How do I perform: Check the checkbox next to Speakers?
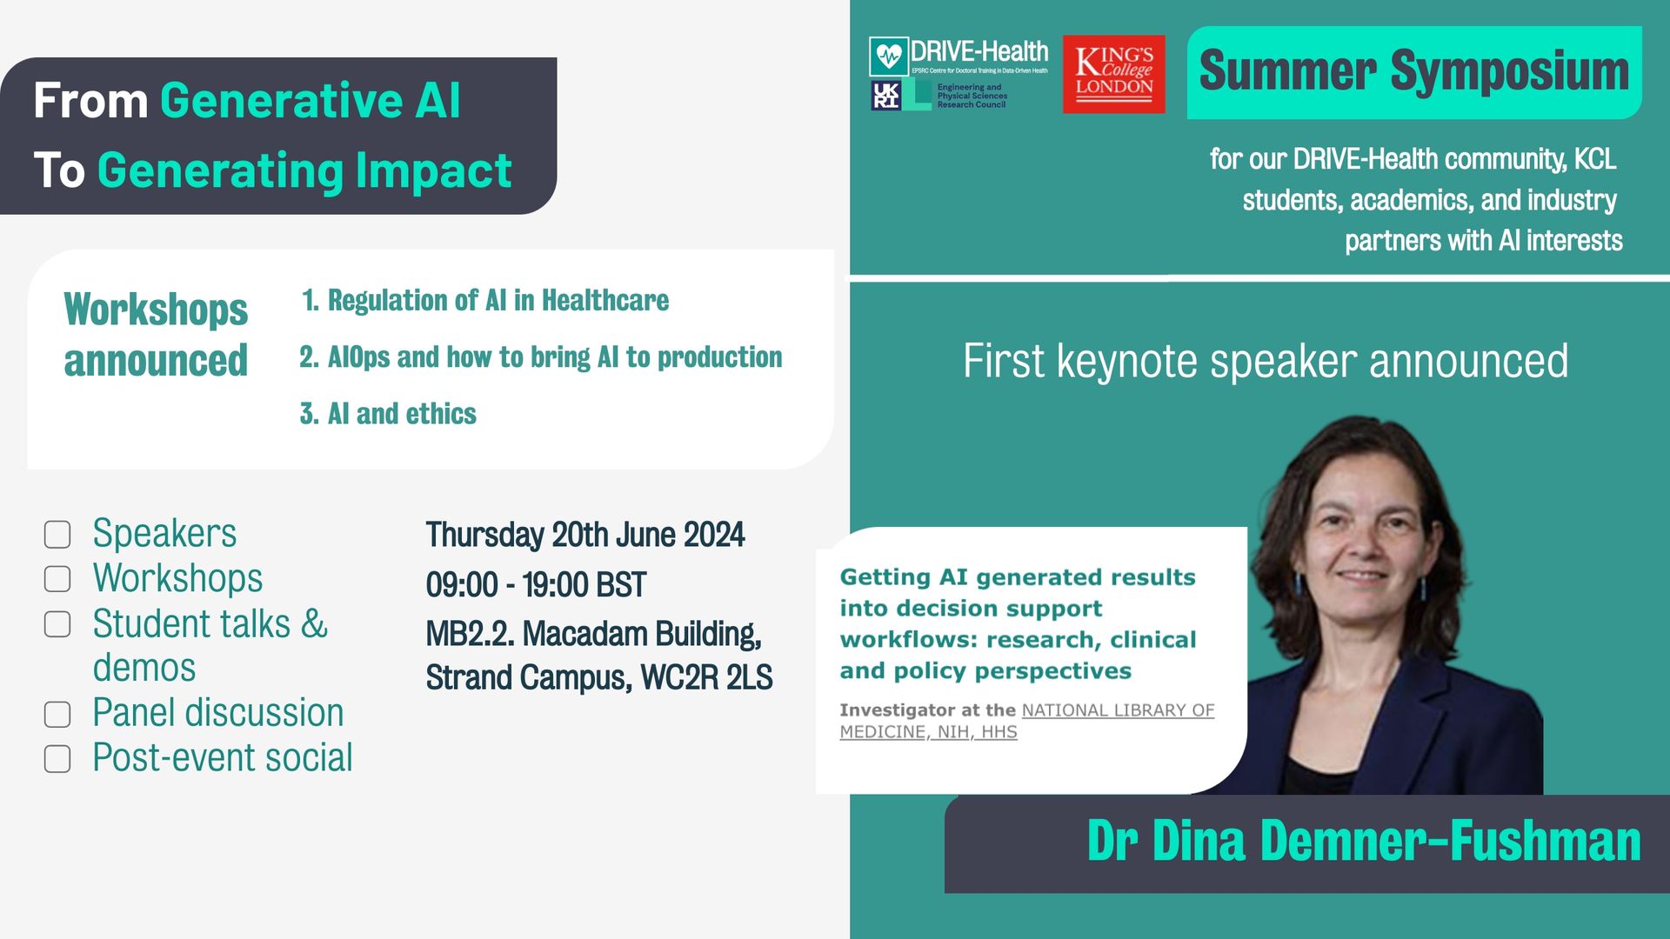click(57, 535)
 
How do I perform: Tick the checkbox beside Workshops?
click(57, 579)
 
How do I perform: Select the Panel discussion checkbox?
click(57, 715)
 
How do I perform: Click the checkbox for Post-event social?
click(57, 759)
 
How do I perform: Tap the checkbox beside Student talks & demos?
click(57, 624)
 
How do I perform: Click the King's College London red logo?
click(1113, 74)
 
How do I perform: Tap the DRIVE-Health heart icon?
click(888, 57)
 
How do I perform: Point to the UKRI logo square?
click(885, 95)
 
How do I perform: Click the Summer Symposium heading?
click(1413, 71)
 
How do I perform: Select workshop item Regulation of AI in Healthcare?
click(485, 301)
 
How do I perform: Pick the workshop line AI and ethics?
click(388, 414)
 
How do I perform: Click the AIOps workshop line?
click(541, 357)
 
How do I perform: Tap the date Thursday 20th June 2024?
click(585, 535)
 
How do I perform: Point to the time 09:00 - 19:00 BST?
click(536, 585)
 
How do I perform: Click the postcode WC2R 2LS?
click(706, 677)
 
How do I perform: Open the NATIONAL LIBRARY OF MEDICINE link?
click(1027, 721)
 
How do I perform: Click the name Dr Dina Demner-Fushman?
click(1364, 841)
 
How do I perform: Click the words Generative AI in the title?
click(311, 101)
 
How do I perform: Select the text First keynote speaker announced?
click(1266, 361)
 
